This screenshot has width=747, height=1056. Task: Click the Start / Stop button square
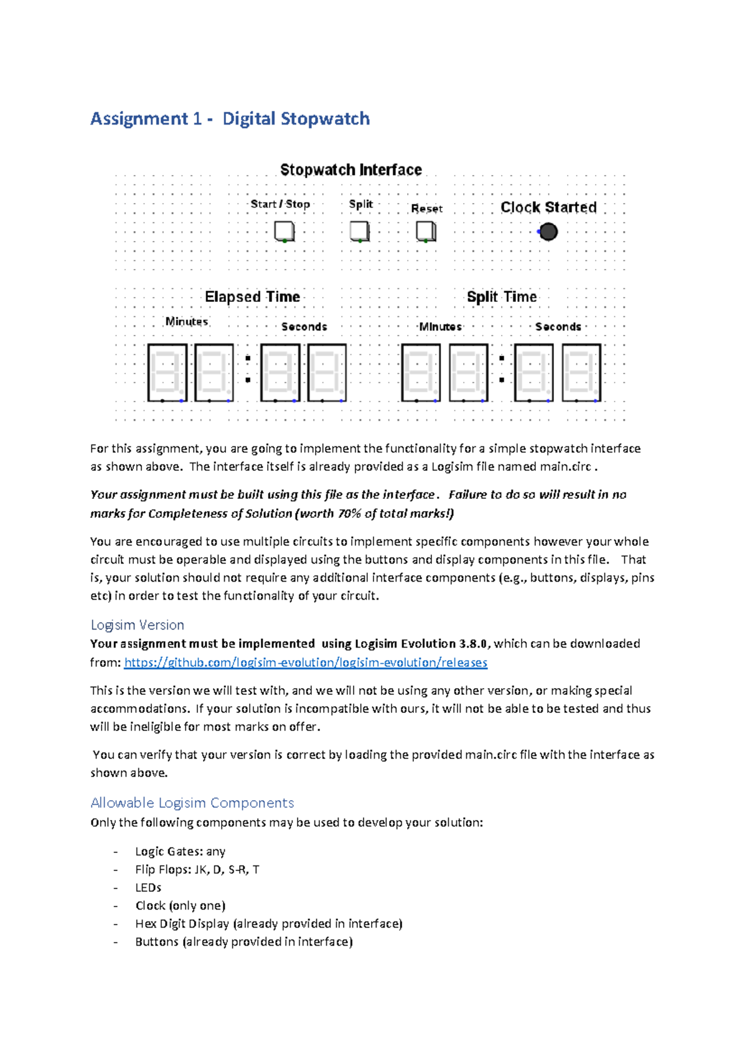(284, 232)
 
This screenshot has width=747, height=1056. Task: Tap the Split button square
(359, 231)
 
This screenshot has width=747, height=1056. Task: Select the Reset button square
(426, 232)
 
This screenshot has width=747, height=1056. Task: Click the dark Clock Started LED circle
(548, 232)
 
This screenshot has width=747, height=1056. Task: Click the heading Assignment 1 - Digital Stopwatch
(230, 118)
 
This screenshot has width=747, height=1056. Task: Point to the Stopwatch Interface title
(350, 170)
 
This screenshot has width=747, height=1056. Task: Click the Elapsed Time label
(252, 297)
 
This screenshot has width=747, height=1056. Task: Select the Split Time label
(502, 297)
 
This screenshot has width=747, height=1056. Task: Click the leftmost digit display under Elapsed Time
(167, 372)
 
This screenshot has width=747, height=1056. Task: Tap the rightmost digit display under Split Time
(581, 372)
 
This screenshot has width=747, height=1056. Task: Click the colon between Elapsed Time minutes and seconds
(248, 369)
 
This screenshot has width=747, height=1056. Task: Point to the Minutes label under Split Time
(440, 327)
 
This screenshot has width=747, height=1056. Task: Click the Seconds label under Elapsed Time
(304, 327)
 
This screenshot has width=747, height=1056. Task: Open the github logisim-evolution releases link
(306, 662)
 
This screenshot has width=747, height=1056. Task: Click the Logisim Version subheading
(137, 625)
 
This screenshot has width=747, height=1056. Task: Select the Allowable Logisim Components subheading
(192, 803)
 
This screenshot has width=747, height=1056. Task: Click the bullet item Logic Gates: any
(180, 851)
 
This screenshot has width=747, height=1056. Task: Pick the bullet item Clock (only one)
(180, 905)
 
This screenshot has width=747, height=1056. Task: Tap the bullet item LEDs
(148, 887)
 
